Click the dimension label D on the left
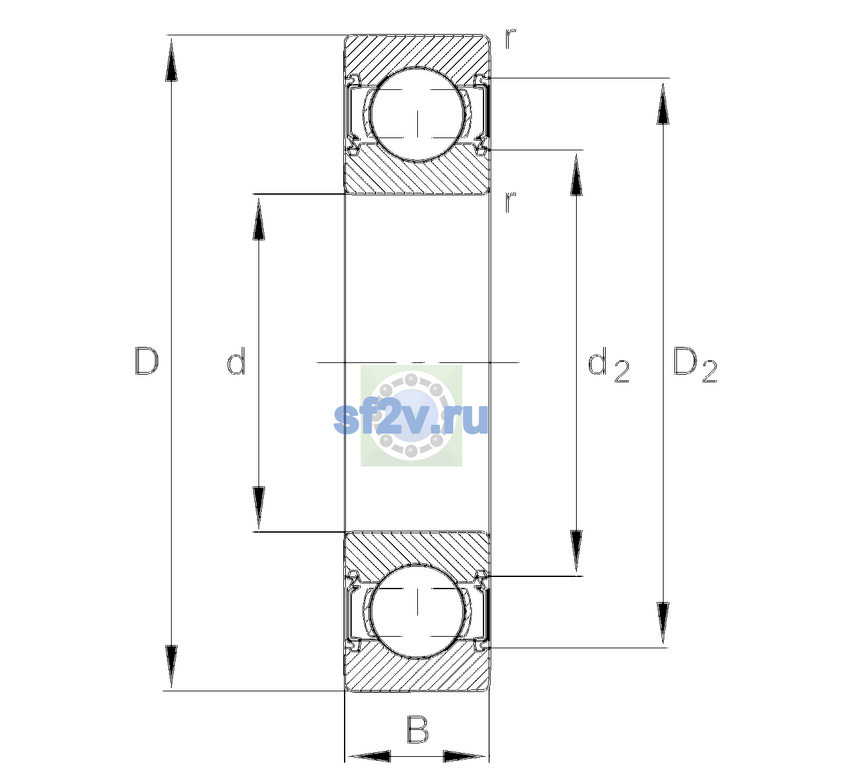147,361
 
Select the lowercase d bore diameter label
236,361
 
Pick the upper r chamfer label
511,39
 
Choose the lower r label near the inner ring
511,202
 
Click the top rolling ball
418,115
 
